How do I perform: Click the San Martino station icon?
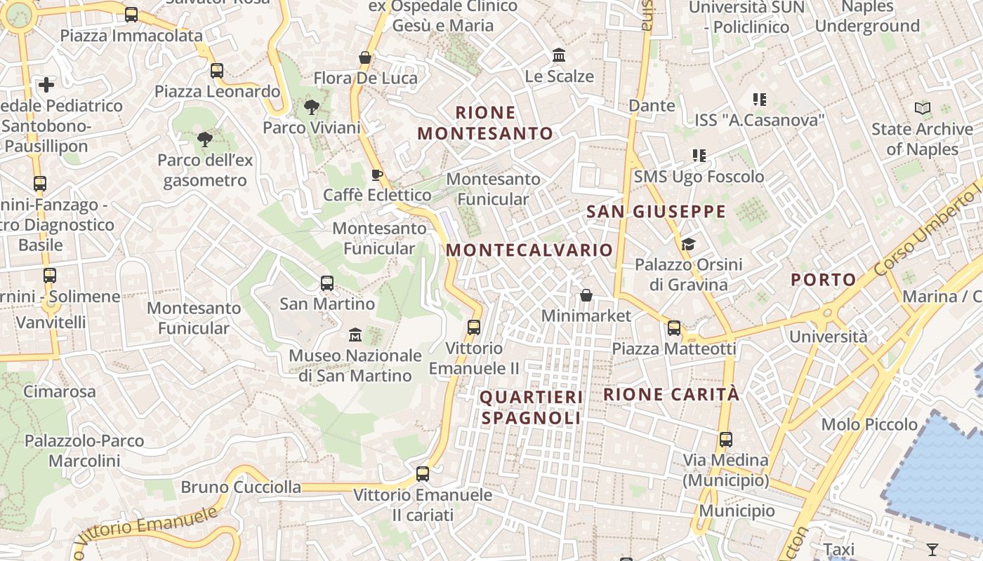pos(327,283)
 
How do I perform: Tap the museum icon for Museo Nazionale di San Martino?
pos(355,334)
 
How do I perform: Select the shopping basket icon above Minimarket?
pos(586,295)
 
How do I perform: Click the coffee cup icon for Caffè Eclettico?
pos(377,175)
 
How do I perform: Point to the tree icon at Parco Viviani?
pos(311,107)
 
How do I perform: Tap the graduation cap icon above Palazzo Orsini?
pos(688,244)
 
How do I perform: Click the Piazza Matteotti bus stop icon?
pos(674,327)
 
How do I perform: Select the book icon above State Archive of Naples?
pos(923,109)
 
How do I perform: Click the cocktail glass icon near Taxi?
pos(932,549)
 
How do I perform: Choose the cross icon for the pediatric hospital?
pos(46,85)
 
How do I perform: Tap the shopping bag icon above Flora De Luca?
pos(365,58)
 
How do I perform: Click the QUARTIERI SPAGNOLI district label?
pos(531,407)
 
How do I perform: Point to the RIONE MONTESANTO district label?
pos(485,123)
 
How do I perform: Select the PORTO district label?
pos(824,280)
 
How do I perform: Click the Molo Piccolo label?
pos(869,424)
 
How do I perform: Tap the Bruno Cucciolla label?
pos(241,487)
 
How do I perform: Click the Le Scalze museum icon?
pos(560,55)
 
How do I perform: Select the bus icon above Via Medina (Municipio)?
pos(726,440)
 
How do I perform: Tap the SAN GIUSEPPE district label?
pos(656,211)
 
